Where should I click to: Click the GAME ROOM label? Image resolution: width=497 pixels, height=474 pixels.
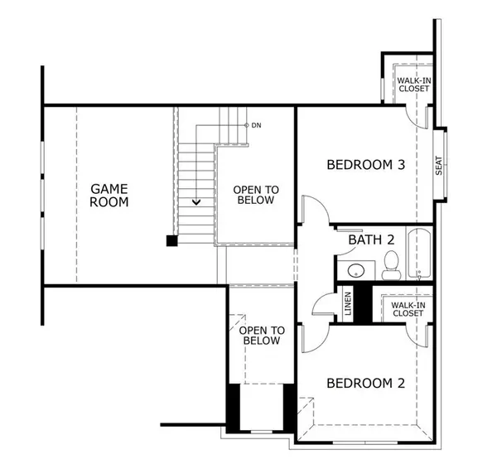pos(109,196)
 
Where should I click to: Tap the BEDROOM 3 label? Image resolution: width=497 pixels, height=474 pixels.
pos(365,164)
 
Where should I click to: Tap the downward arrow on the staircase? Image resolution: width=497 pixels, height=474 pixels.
pos(196,201)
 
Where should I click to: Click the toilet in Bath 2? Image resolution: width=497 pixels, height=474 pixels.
pos(391,266)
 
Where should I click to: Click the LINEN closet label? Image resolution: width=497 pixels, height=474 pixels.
pos(348,305)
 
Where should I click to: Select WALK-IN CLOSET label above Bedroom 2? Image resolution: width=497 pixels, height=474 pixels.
pos(407,309)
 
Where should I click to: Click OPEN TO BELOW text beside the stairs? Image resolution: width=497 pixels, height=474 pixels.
pos(256,195)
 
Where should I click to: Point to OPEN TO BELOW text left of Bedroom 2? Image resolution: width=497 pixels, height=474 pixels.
pos(262,335)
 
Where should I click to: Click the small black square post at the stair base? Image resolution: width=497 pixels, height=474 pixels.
pos(171,241)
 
